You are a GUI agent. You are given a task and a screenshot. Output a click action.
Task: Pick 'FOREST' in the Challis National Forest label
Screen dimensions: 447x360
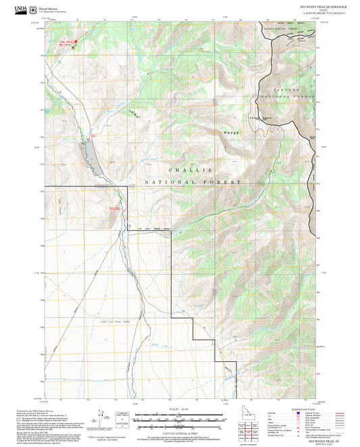point(224,183)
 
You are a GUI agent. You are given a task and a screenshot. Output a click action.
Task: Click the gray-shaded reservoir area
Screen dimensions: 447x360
point(91,155)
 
